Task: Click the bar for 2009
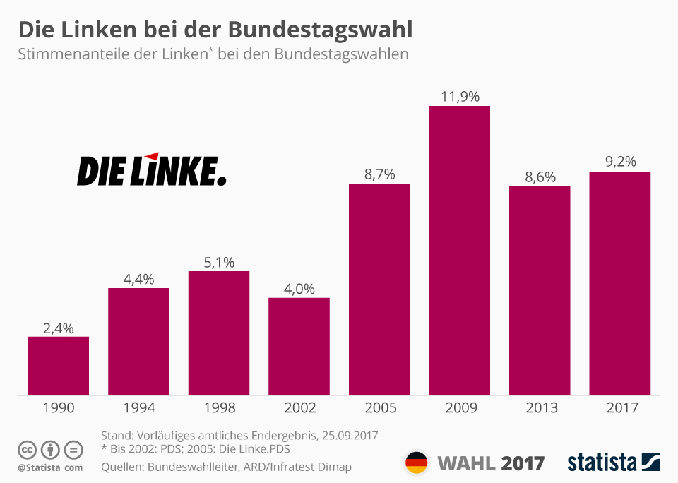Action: tap(459, 250)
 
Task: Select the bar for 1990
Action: tap(59, 365)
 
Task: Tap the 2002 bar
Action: tap(299, 346)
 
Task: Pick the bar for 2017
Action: tap(619, 282)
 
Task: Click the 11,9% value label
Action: tap(460, 97)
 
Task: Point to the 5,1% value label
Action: tap(219, 262)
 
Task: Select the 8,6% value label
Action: tap(540, 177)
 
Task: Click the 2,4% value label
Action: tap(59, 328)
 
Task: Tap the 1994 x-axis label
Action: tap(138, 408)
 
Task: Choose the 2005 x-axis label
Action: tap(379, 408)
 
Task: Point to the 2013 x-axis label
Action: tap(540, 408)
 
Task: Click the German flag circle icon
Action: tap(416, 463)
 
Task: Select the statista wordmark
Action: tap(602, 463)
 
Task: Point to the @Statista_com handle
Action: tap(50, 467)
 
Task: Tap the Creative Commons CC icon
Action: tap(27, 450)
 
